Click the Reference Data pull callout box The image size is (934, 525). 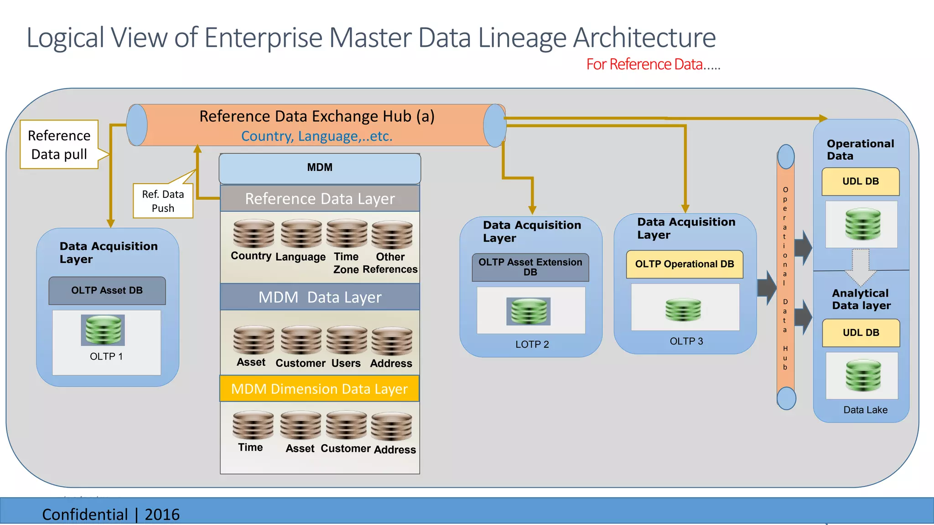[x=59, y=144]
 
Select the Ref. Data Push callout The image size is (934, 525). [x=163, y=201]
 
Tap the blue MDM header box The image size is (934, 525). [x=320, y=168]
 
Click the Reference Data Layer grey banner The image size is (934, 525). [x=320, y=199]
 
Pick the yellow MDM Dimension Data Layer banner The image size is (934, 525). [x=319, y=389]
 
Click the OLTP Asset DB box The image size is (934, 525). [x=107, y=291]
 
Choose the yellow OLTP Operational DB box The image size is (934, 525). [x=685, y=264]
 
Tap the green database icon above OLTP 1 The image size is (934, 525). [x=103, y=329]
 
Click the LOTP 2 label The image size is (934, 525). [x=532, y=345]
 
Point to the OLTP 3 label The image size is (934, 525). [x=686, y=341]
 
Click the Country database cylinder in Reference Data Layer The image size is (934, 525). [x=254, y=234]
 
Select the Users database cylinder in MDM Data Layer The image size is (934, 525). [x=347, y=340]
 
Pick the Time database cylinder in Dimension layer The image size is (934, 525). [x=253, y=425]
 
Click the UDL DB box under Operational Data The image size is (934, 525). [x=861, y=181]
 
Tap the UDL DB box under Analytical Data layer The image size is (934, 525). [x=861, y=333]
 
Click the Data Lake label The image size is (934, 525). [x=865, y=410]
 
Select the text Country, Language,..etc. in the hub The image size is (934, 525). [x=317, y=136]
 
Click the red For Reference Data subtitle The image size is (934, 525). [x=653, y=65]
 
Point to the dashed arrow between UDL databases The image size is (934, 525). [x=861, y=267]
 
